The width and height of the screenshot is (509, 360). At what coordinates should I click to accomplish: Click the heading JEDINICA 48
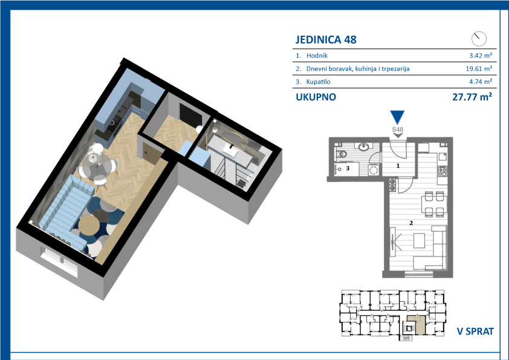[x=326, y=40]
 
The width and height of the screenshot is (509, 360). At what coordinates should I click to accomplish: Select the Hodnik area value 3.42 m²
[x=481, y=56]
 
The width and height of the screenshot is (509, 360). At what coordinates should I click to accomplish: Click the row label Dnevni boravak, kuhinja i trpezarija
[x=358, y=68]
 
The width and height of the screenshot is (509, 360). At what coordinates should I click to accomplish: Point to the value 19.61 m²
[x=479, y=68]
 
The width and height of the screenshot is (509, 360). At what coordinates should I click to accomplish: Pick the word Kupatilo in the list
[x=319, y=82]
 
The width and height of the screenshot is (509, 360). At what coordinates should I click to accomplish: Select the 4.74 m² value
[x=481, y=82]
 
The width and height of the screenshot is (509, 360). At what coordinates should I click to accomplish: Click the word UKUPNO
[x=316, y=97]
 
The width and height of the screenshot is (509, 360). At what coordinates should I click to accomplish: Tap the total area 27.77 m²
[x=472, y=97]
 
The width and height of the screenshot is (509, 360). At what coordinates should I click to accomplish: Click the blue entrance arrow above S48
[x=397, y=117]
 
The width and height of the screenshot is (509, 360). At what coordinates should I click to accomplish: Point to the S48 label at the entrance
[x=397, y=129]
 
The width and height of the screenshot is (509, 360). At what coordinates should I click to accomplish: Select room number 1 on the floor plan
[x=398, y=165]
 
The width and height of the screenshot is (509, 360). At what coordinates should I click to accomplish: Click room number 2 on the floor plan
[x=411, y=223]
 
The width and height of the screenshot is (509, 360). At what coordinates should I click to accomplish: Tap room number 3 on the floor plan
[x=348, y=168]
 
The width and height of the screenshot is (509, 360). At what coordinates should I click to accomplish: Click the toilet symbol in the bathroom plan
[x=342, y=155]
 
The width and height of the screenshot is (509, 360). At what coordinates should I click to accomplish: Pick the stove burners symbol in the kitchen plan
[x=443, y=171]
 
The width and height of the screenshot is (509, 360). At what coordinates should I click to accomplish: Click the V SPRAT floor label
[x=475, y=332]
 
